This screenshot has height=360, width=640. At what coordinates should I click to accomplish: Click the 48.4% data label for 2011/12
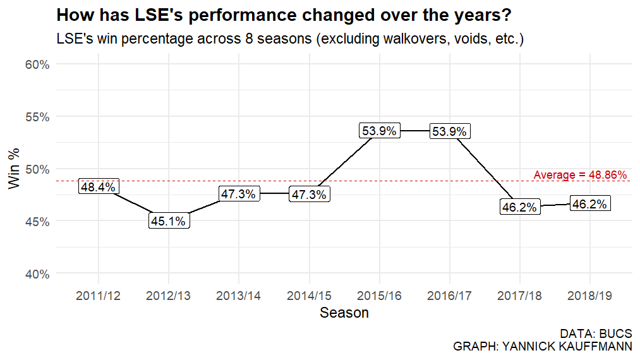[98, 187]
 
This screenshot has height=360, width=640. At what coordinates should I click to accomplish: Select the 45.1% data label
[169, 221]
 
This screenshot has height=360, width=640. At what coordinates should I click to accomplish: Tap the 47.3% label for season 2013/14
[238, 194]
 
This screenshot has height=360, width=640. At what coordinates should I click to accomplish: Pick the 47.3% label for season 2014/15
[309, 195]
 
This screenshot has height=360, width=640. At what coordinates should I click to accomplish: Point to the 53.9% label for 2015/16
[379, 131]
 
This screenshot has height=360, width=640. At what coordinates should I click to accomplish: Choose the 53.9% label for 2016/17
[449, 132]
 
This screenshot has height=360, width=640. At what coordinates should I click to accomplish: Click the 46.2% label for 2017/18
[520, 207]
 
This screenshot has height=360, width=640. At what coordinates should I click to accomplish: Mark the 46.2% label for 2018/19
[590, 204]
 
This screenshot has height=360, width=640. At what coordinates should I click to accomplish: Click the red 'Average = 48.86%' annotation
[580, 174]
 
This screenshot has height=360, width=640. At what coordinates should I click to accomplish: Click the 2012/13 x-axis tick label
[169, 296]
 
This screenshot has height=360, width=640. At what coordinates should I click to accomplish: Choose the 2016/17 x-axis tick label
[449, 296]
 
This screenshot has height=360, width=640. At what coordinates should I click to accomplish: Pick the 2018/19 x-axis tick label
[590, 296]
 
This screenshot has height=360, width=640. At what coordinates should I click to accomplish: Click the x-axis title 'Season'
[344, 313]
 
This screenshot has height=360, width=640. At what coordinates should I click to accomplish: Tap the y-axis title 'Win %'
[13, 169]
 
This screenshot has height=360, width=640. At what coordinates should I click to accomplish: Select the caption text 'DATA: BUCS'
[596, 333]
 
